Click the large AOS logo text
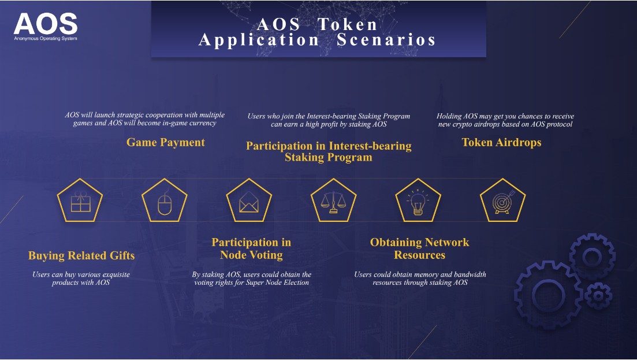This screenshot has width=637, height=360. (x=46, y=24)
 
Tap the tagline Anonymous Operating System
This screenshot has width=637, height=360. (x=46, y=39)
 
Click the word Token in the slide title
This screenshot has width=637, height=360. (x=347, y=24)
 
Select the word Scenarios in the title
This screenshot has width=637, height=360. (x=386, y=40)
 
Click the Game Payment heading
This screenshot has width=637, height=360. (x=166, y=142)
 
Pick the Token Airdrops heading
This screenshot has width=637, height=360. (x=502, y=142)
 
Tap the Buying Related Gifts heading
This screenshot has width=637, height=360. (x=81, y=255)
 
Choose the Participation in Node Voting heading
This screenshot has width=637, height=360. (x=251, y=248)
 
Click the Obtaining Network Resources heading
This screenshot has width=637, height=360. (x=420, y=248)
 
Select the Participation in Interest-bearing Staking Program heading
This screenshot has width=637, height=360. (x=329, y=151)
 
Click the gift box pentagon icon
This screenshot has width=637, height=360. (x=80, y=201)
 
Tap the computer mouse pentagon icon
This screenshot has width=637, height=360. (x=165, y=201)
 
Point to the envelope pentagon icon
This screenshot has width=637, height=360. (x=249, y=201)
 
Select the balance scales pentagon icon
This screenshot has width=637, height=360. (x=334, y=201)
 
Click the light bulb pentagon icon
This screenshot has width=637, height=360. (x=418, y=201)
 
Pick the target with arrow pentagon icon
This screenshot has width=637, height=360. (x=502, y=201)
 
